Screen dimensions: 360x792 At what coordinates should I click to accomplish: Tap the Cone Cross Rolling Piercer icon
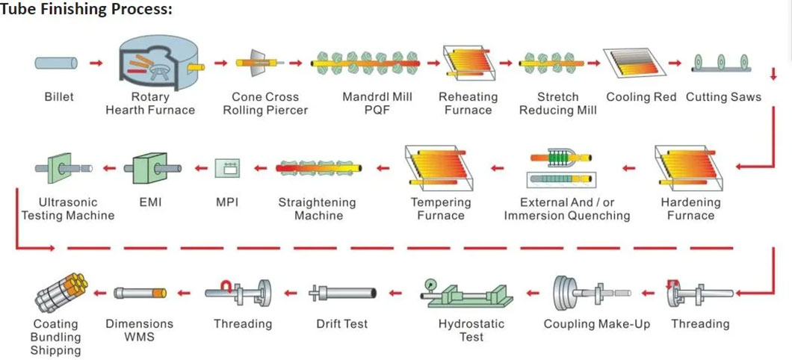tap(258, 63)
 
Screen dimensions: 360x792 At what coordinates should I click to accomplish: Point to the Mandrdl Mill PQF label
tap(377, 103)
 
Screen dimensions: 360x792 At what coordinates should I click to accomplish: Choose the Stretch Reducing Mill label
tap(558, 103)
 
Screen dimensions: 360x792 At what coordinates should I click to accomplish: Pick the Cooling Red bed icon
tap(636, 63)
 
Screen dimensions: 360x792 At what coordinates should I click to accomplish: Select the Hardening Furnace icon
tap(690, 169)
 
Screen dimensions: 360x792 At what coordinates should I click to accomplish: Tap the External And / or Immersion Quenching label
tap(566, 209)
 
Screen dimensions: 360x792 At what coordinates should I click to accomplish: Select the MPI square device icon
tap(226, 169)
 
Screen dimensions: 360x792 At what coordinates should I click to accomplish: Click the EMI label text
tap(150, 202)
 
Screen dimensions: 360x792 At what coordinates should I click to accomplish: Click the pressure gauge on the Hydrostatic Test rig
tap(430, 286)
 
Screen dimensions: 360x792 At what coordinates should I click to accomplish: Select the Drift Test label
tap(342, 324)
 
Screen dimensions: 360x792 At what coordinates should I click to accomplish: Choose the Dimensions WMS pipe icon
tap(139, 293)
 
